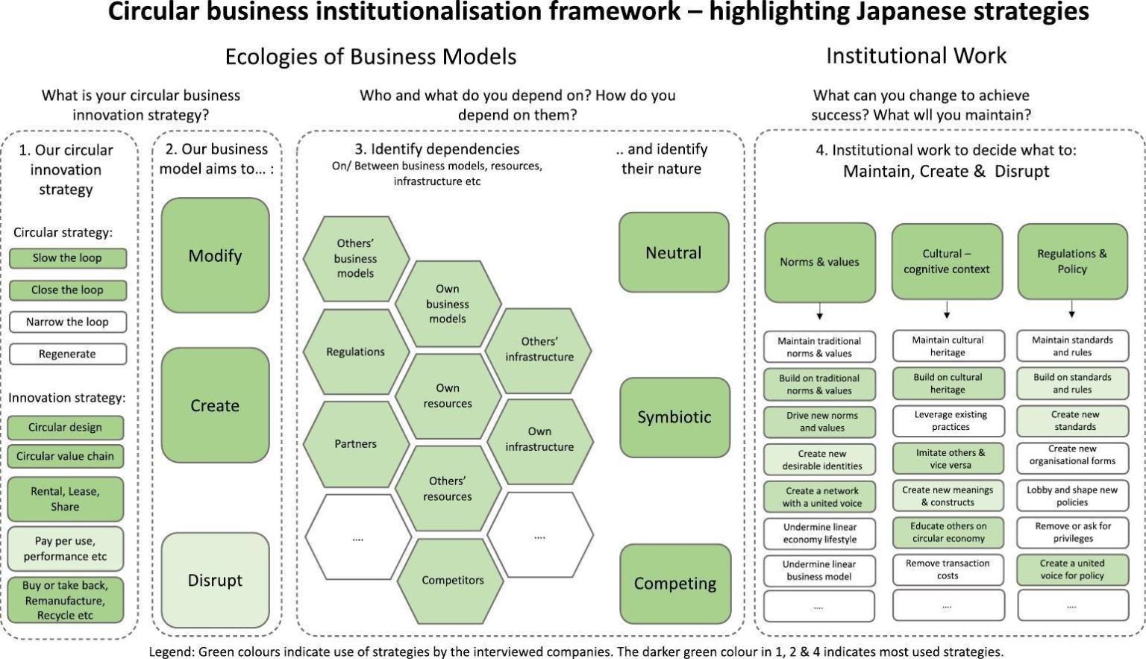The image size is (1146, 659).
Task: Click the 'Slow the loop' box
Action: coord(67,258)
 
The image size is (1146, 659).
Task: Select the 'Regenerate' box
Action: coord(67,354)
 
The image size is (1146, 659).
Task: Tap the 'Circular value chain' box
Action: coord(66,456)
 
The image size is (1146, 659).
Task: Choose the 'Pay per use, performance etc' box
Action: coord(66,549)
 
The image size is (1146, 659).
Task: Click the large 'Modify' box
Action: coord(215,256)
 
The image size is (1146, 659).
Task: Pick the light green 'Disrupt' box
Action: coord(215,580)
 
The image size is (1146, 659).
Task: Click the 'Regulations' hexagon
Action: coord(355,352)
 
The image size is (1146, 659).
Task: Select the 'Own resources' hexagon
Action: coord(448,396)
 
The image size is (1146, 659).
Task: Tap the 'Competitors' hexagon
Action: coord(452,580)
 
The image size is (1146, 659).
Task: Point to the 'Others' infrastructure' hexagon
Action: coord(539,349)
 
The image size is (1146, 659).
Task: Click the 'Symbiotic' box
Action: coord(674,417)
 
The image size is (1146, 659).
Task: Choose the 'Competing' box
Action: coord(674,584)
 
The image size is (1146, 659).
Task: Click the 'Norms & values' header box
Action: coord(819,262)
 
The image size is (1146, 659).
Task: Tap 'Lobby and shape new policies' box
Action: coord(1072,496)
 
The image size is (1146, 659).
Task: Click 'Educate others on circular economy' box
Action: coord(948,532)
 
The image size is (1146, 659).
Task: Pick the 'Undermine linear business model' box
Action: coord(818,570)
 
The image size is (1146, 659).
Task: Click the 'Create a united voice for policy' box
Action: coord(1072,569)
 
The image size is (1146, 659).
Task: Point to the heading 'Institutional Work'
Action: coord(915,56)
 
